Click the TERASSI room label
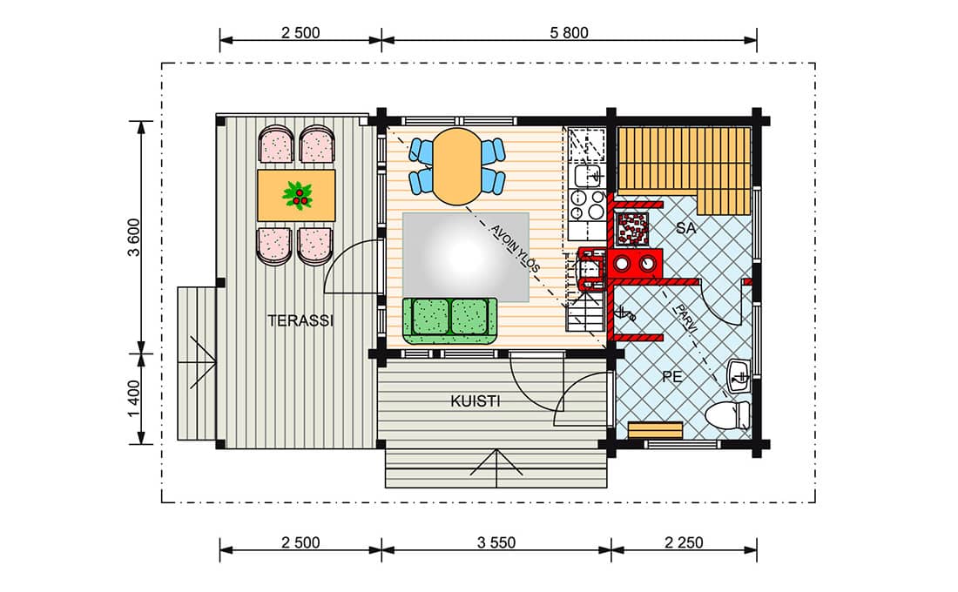tap(300, 320)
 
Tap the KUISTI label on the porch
tap(476, 401)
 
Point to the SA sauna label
tap(686, 228)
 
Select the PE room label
tap(672, 377)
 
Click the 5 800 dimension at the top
tap(569, 32)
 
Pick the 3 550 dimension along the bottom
tap(496, 542)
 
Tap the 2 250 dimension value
tap(684, 542)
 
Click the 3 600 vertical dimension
tap(134, 238)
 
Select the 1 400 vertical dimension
tap(134, 399)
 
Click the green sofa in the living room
tap(449, 320)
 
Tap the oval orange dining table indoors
tap(457, 165)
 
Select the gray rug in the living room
tap(466, 257)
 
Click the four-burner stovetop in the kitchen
tap(587, 205)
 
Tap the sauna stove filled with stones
tap(632, 228)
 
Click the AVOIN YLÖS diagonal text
tap(516, 249)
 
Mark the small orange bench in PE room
tap(655, 430)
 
